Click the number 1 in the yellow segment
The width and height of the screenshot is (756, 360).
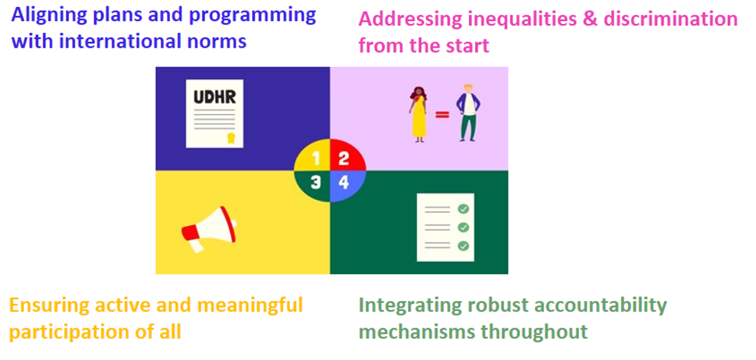point(317,158)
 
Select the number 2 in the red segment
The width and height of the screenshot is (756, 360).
point(343,158)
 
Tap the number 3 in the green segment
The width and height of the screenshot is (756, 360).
point(315,182)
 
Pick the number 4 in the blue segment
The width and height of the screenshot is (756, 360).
point(343,182)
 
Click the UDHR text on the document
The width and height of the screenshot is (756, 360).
point(215,98)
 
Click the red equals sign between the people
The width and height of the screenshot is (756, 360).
point(442,114)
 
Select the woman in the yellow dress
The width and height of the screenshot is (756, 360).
point(418,114)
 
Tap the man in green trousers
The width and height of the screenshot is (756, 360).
point(468,113)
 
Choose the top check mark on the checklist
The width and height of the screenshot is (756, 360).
point(463,209)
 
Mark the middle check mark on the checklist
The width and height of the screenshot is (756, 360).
point(463,227)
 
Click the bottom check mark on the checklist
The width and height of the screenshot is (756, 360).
point(463,246)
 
